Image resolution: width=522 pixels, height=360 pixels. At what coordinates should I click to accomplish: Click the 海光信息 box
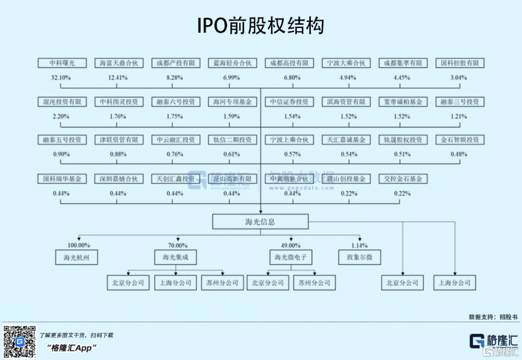(260, 222)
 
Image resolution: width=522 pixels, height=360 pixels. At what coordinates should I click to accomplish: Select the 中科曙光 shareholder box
(61, 63)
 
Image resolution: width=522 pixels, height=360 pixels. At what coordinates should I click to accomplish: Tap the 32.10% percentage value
(61, 77)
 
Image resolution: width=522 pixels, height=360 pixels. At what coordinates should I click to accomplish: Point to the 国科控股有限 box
(460, 63)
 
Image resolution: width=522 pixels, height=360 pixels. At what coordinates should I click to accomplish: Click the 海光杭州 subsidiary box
(76, 258)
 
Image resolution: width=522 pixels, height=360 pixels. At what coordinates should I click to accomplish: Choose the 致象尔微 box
(359, 258)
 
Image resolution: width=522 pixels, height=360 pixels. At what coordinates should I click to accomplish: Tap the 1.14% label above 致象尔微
(359, 245)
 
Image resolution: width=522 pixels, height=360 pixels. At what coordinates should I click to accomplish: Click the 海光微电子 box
(290, 258)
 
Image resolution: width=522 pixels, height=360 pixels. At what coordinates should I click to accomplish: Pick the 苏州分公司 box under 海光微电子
(314, 283)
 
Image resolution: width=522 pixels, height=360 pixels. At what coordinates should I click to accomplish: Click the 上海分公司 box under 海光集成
(175, 283)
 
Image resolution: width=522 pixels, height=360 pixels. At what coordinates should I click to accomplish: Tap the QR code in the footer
(20, 342)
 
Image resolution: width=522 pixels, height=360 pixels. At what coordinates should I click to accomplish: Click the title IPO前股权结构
(261, 26)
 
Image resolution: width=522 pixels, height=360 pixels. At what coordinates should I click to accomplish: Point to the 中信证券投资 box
(289, 102)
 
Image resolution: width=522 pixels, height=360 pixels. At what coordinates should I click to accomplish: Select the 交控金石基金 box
(403, 179)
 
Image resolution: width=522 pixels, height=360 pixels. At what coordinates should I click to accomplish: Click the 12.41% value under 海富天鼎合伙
(118, 77)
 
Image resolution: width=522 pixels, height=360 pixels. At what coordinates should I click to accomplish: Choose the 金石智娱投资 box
(460, 140)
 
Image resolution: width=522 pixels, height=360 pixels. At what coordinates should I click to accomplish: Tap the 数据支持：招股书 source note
(493, 317)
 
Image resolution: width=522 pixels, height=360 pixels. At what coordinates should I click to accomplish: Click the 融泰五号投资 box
(61, 140)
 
